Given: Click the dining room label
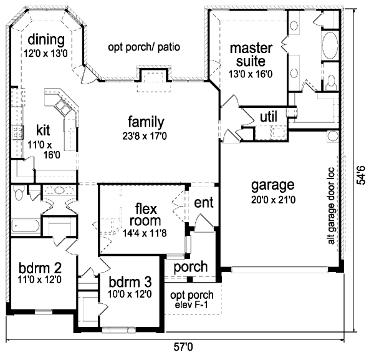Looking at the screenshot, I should (x=46, y=41).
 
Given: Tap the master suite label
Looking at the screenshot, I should (x=247, y=55).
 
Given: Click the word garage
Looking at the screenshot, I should (x=272, y=185).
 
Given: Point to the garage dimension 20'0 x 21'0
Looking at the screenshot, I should (x=272, y=200).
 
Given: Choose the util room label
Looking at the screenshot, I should (x=268, y=115).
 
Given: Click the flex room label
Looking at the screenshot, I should (x=146, y=215).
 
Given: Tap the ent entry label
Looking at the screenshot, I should (x=204, y=203).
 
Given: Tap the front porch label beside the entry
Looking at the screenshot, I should (x=190, y=267).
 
